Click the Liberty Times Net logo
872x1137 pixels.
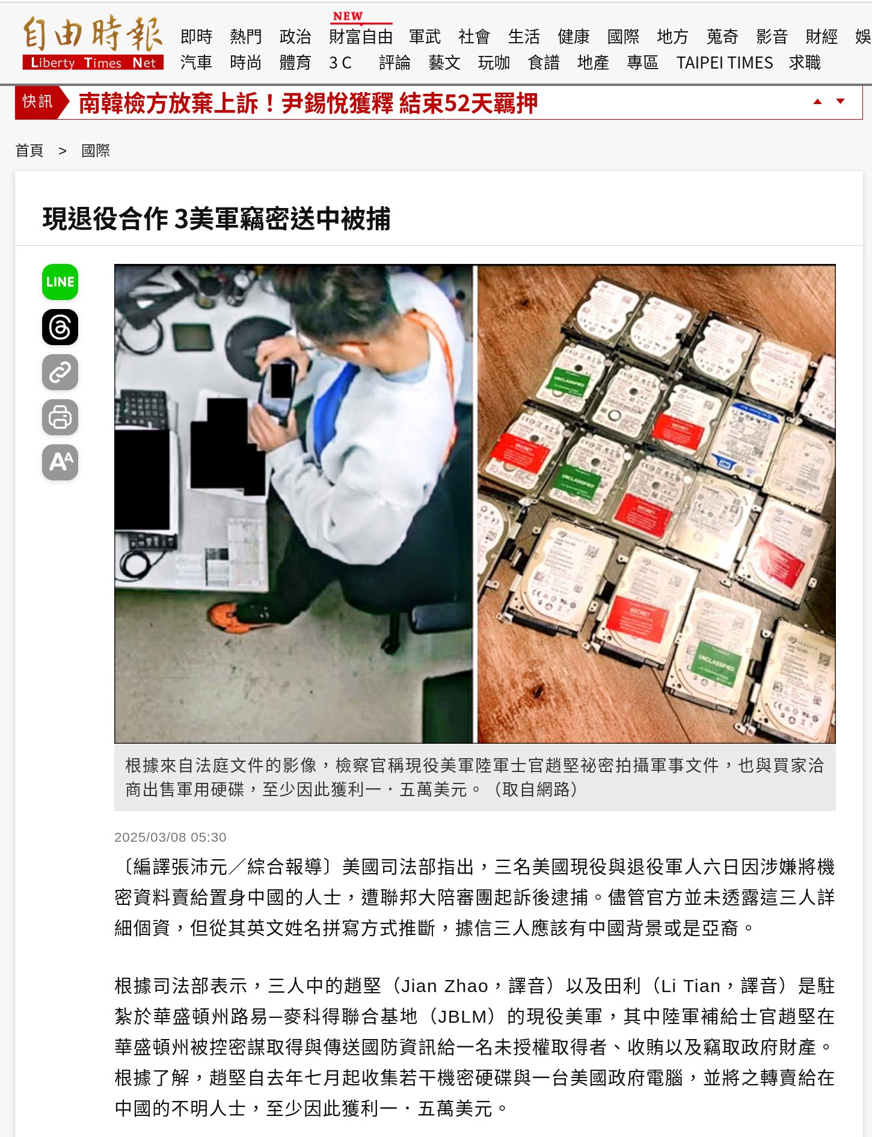click(x=93, y=43)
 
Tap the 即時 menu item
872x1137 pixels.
click(x=196, y=37)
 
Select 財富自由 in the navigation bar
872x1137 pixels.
click(x=360, y=37)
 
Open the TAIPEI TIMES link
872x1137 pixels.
click(x=724, y=63)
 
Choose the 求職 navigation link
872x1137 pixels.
click(x=805, y=63)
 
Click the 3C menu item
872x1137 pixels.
click(x=340, y=63)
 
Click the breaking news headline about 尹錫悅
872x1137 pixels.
click(x=308, y=103)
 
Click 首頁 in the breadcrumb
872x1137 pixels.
click(x=29, y=150)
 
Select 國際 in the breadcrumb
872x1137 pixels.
click(x=96, y=150)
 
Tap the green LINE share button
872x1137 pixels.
click(x=60, y=282)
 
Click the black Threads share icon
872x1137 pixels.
click(x=60, y=327)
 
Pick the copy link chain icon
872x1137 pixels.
click(x=60, y=372)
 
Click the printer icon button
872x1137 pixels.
click(x=60, y=417)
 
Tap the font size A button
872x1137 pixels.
click(x=60, y=462)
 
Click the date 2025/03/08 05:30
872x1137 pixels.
click(x=170, y=837)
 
